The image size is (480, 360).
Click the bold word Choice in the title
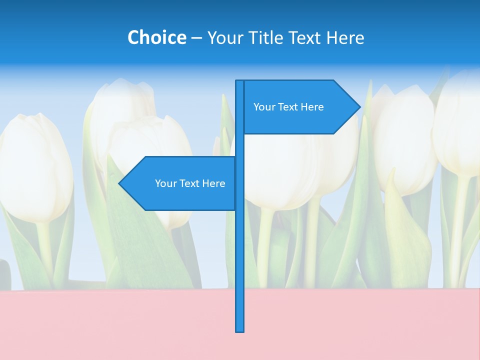(x=156, y=37)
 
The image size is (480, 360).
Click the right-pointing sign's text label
(x=288, y=107)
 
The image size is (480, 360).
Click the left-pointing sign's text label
(x=190, y=183)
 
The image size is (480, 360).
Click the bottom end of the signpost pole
(x=240, y=330)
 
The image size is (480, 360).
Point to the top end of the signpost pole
(x=240, y=82)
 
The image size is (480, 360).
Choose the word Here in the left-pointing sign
(x=213, y=183)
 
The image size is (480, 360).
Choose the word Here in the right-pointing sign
(x=312, y=107)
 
